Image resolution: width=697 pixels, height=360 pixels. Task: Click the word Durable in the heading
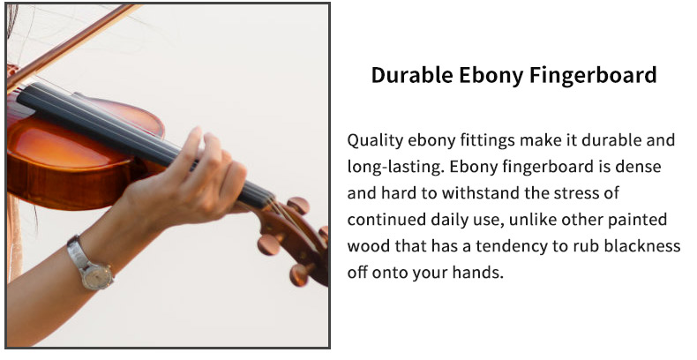coord(412,75)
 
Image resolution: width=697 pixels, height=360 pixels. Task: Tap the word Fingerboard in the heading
coord(593,76)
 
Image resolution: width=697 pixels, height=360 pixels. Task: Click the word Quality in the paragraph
coord(375,140)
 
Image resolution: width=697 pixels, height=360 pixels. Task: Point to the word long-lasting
coord(395,167)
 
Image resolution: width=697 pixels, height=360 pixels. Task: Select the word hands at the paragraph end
coord(478,273)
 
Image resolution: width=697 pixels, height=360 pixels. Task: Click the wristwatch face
coord(97,276)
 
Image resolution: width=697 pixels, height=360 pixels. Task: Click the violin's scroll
coord(296,240)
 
